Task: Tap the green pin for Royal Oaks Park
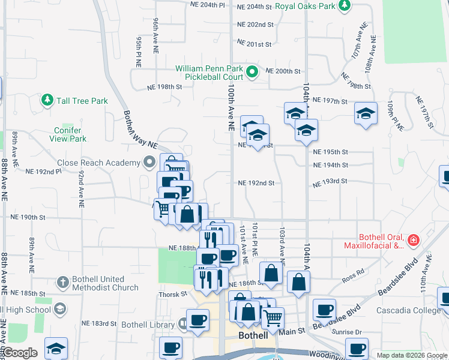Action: [344, 5]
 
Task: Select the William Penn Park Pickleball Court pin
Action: [252, 73]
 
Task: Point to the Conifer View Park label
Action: [70, 134]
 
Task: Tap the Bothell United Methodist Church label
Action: [97, 283]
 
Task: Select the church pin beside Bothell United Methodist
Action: [62, 282]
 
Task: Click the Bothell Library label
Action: [147, 325]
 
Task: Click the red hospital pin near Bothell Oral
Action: [412, 241]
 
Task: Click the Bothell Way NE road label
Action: [139, 130]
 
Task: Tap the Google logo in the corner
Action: [20, 353]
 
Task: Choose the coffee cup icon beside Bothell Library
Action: [197, 320]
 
